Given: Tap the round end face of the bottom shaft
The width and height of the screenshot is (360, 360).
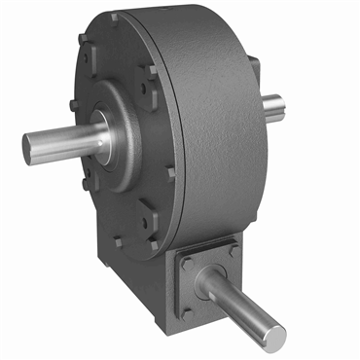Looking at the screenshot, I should (x=276, y=336).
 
